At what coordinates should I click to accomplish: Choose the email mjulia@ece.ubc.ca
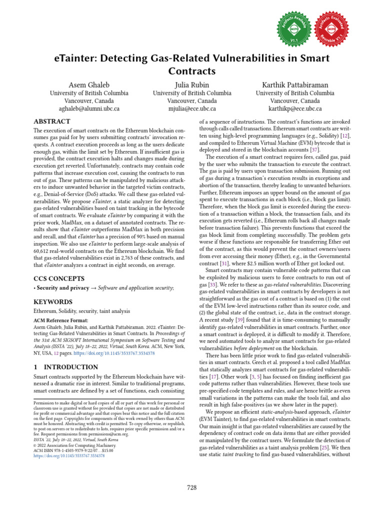click(192, 108)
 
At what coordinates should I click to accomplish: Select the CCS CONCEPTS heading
click(59, 278)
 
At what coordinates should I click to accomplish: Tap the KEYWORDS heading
click(53, 302)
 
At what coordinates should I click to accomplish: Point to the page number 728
click(191, 487)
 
